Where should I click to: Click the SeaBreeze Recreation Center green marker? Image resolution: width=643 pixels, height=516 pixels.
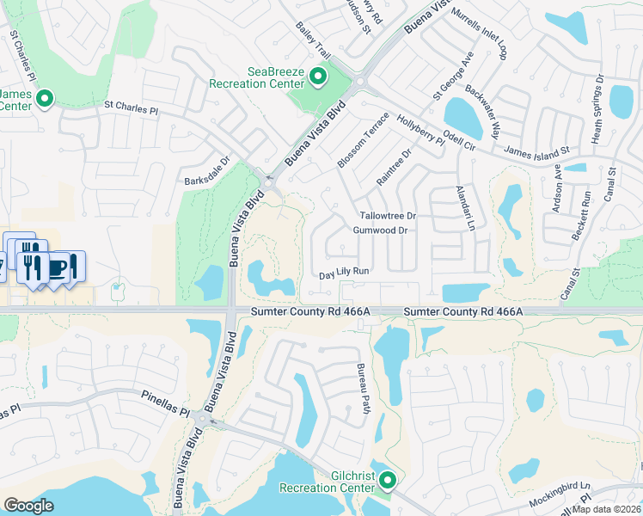317,77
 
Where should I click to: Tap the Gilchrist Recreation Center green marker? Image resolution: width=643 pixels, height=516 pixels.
388,480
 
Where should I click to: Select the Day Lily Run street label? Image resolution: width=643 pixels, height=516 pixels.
344,272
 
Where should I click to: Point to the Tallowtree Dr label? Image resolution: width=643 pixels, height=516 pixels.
388,216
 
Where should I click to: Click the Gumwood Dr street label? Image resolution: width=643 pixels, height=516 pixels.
379,230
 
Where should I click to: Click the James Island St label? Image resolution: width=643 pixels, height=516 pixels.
536,150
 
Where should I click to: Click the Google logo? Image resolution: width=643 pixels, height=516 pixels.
28,506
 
